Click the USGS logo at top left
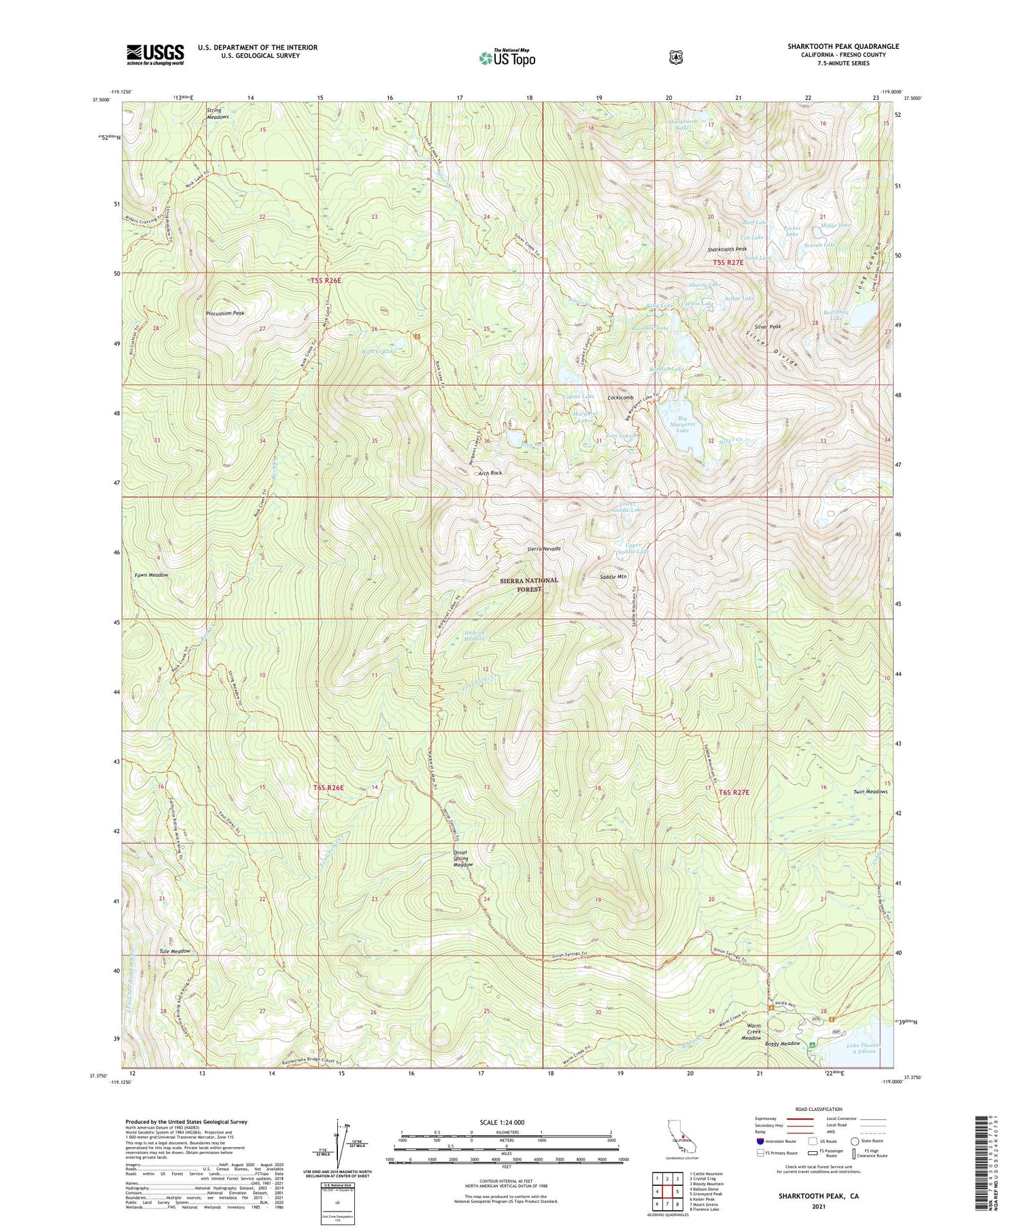pyautogui.click(x=155, y=54)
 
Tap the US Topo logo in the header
pyautogui.click(x=507, y=58)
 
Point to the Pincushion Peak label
pyautogui.click(x=225, y=313)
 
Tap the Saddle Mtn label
pyautogui.click(x=613, y=576)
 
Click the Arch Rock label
pyautogui.click(x=490, y=472)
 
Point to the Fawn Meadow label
pyautogui.click(x=151, y=575)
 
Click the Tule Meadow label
pyautogui.click(x=175, y=951)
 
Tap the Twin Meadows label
pyautogui.click(x=870, y=792)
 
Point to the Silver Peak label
pyautogui.click(x=766, y=326)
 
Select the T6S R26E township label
pyautogui.click(x=328, y=788)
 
